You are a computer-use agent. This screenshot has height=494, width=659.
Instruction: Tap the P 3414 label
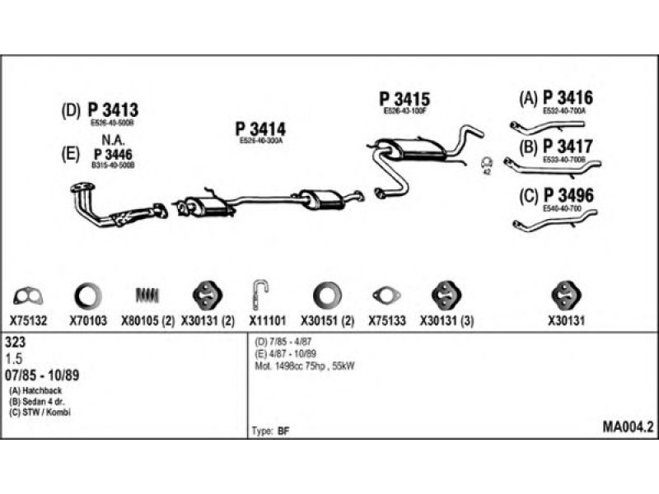click(260, 129)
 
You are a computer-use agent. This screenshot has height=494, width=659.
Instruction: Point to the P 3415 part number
click(404, 99)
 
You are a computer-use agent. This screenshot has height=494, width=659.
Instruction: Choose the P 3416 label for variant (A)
click(568, 98)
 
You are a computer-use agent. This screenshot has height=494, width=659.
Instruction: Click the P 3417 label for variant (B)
click(569, 147)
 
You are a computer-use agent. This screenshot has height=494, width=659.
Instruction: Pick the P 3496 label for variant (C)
click(568, 196)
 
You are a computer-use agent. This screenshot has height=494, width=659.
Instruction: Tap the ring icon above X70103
click(88, 295)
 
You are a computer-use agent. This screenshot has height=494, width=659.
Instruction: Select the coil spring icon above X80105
click(146, 295)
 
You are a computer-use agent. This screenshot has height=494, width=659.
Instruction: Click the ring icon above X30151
click(327, 295)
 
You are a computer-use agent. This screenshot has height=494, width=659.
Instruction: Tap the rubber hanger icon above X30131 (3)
click(445, 295)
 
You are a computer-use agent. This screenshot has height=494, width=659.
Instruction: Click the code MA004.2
click(628, 427)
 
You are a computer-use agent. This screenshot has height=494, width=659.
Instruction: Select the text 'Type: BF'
click(269, 431)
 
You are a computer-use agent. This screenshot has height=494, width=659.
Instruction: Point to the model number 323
click(14, 340)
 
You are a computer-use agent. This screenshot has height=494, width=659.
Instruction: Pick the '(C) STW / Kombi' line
click(40, 412)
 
